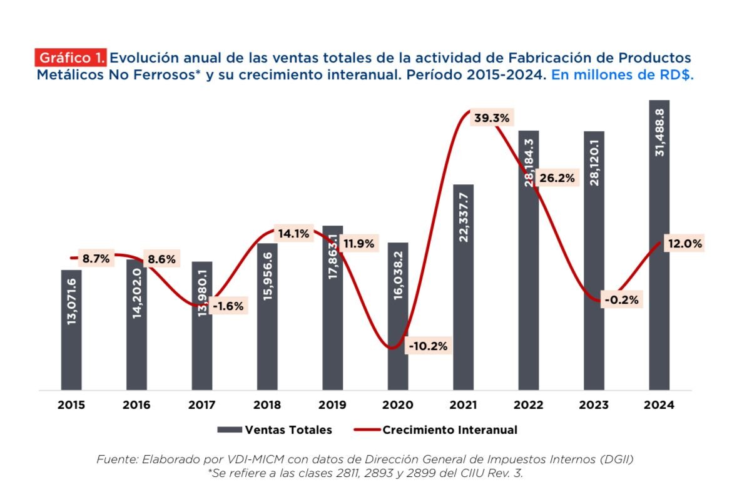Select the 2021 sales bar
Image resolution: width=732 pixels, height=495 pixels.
463,287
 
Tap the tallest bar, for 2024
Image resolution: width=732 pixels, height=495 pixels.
659,244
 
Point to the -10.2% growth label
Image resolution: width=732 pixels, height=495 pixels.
428,346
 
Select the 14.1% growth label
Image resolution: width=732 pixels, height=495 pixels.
294,234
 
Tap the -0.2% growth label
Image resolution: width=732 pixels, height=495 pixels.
621,300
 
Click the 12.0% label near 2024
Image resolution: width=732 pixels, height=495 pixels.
684,244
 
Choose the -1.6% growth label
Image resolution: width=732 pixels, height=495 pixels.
228,306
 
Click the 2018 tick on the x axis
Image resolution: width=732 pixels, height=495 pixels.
267,404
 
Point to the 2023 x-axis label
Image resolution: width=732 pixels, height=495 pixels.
593,404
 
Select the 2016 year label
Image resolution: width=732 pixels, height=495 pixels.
136,404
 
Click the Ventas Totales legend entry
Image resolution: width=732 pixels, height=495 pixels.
275,430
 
